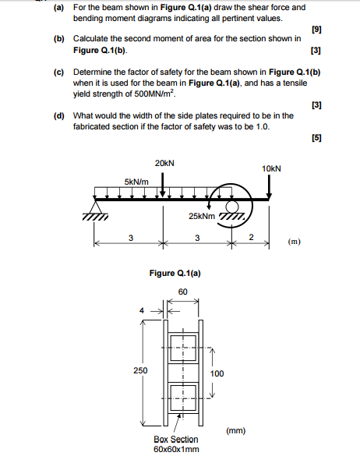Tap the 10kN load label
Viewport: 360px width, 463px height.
[271, 168]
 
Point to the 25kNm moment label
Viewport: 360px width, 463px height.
[202, 215]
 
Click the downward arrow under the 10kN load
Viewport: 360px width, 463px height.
[269, 187]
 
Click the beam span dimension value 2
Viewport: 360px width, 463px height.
[251, 237]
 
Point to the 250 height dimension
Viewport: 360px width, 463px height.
[140, 370]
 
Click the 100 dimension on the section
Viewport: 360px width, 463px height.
[217, 373]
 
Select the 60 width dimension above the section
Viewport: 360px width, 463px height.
[182, 291]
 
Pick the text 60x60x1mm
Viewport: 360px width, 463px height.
[176, 449]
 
